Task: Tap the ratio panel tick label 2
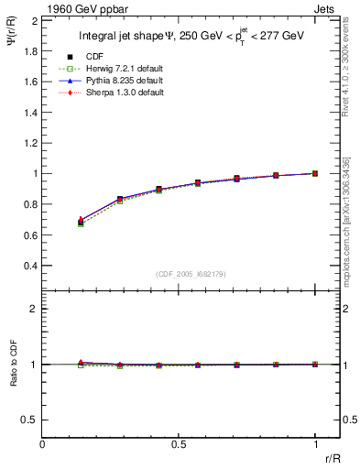tap(33, 310)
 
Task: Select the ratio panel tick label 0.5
tap(29, 420)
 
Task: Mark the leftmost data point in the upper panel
tap(81, 222)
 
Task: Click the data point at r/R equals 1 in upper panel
tap(315, 173)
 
